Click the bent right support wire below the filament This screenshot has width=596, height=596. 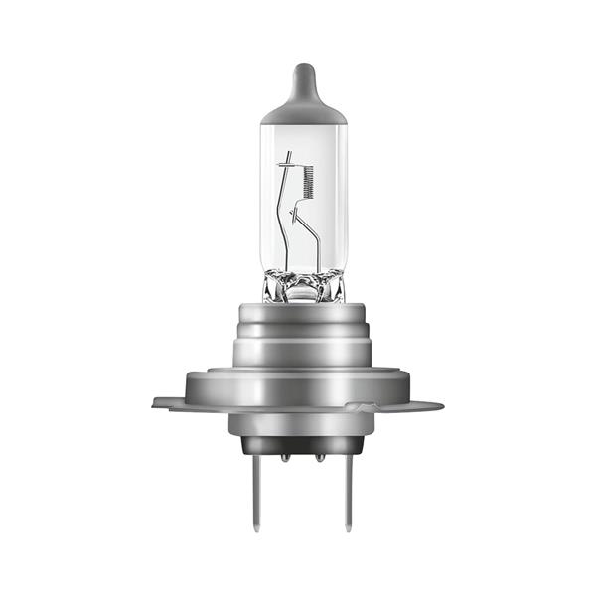click(314, 238)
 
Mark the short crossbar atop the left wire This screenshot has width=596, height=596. click(286, 159)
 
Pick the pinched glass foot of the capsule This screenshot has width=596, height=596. click(303, 288)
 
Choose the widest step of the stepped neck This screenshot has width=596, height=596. click(303, 350)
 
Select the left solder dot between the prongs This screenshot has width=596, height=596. click(285, 458)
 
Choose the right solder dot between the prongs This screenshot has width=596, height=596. click(320, 458)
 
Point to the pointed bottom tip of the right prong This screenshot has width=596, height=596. click(347, 526)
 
